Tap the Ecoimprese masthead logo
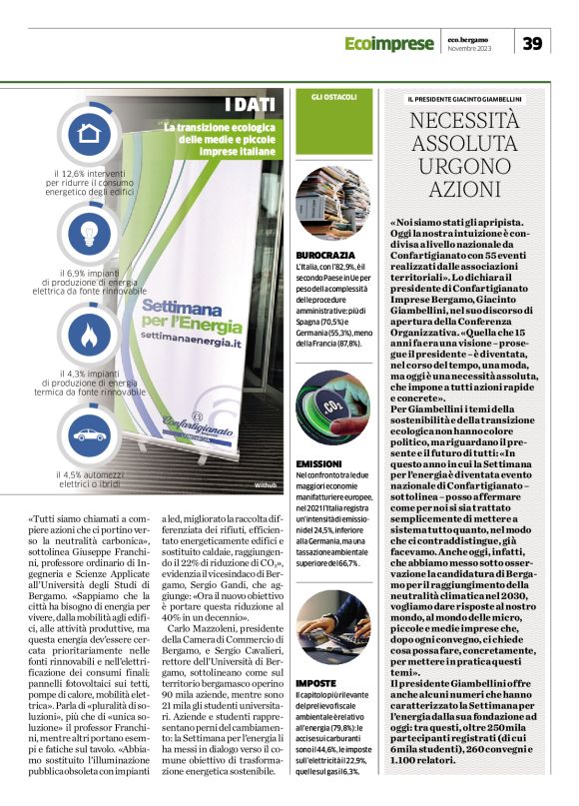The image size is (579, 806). [x=390, y=43]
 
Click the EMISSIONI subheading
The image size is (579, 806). [x=321, y=464]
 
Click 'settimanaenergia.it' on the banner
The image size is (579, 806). [x=196, y=341]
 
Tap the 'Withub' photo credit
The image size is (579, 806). [x=266, y=484]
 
